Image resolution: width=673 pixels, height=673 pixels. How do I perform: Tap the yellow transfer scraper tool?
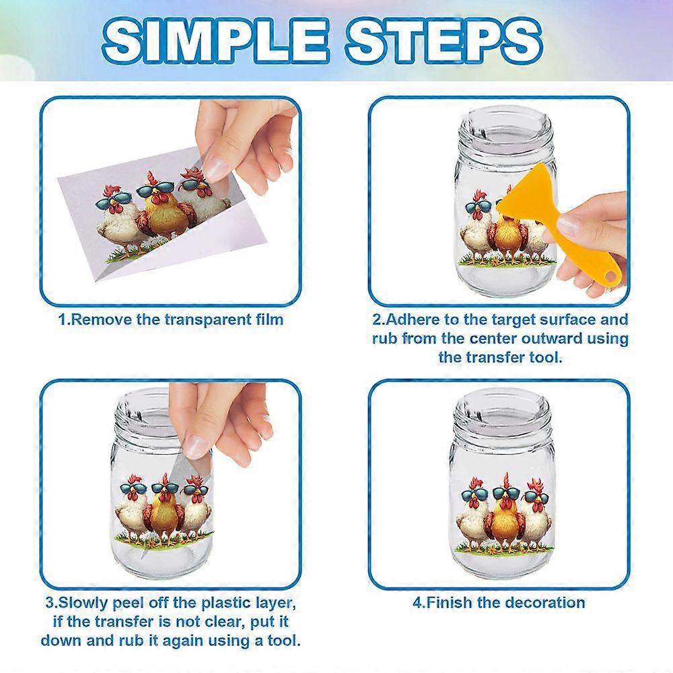pyautogui.click(x=532, y=215)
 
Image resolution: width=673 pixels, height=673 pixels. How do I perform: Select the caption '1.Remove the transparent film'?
pyautogui.click(x=171, y=319)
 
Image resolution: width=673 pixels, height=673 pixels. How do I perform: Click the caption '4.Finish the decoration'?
pyautogui.click(x=499, y=602)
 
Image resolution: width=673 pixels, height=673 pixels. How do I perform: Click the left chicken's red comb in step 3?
pyautogui.click(x=132, y=484)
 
